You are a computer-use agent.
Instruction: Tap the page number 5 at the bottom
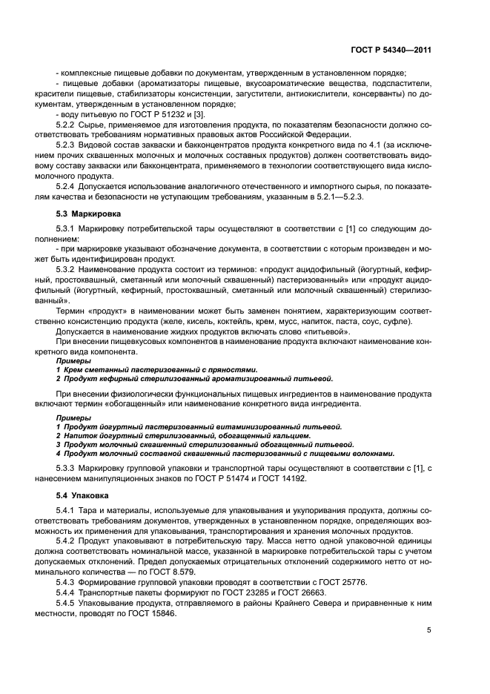coord(429,630)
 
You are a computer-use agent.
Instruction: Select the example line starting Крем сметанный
coord(160,369)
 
